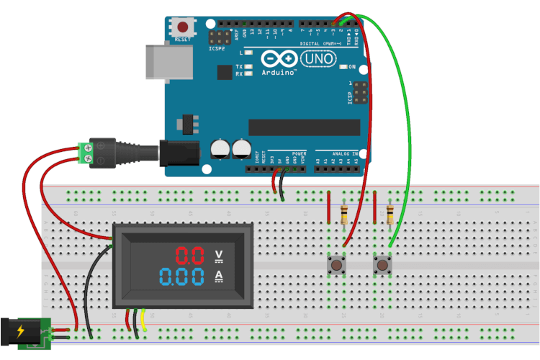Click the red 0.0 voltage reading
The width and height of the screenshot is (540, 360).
[x=191, y=255]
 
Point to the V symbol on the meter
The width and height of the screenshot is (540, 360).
[x=220, y=255]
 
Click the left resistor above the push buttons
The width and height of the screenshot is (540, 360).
[x=344, y=214]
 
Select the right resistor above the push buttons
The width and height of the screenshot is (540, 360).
[x=390, y=214]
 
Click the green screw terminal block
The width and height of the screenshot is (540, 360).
[x=86, y=153]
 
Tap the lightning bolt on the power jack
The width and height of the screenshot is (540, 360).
[x=20, y=332]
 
